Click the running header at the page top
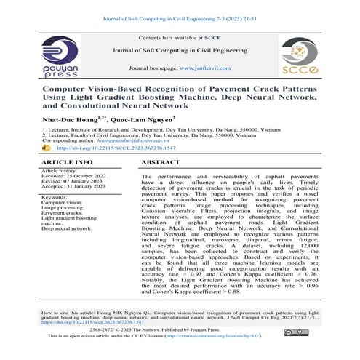click(x=180, y=8)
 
